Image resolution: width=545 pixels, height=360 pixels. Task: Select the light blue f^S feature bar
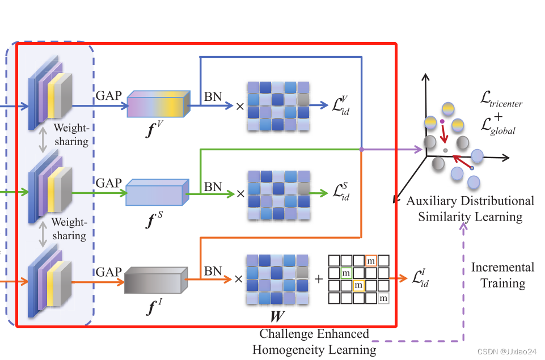pos(156,192)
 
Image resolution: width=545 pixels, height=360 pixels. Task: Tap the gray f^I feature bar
pos(155,279)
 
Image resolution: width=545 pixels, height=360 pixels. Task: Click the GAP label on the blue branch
pos(109,95)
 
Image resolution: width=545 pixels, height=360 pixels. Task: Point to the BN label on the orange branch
pos(213,271)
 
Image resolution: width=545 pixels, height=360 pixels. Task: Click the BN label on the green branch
pos(213,186)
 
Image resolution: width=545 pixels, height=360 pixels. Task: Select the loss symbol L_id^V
pos(341,105)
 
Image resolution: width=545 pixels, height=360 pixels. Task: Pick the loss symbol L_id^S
pos(341,193)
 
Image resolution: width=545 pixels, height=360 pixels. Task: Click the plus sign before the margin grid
pos(319,279)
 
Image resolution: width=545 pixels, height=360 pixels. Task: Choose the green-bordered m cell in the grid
pos(346,273)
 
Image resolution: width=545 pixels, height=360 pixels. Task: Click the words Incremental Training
pos(503,275)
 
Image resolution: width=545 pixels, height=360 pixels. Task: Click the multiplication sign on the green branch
pos(240,193)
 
